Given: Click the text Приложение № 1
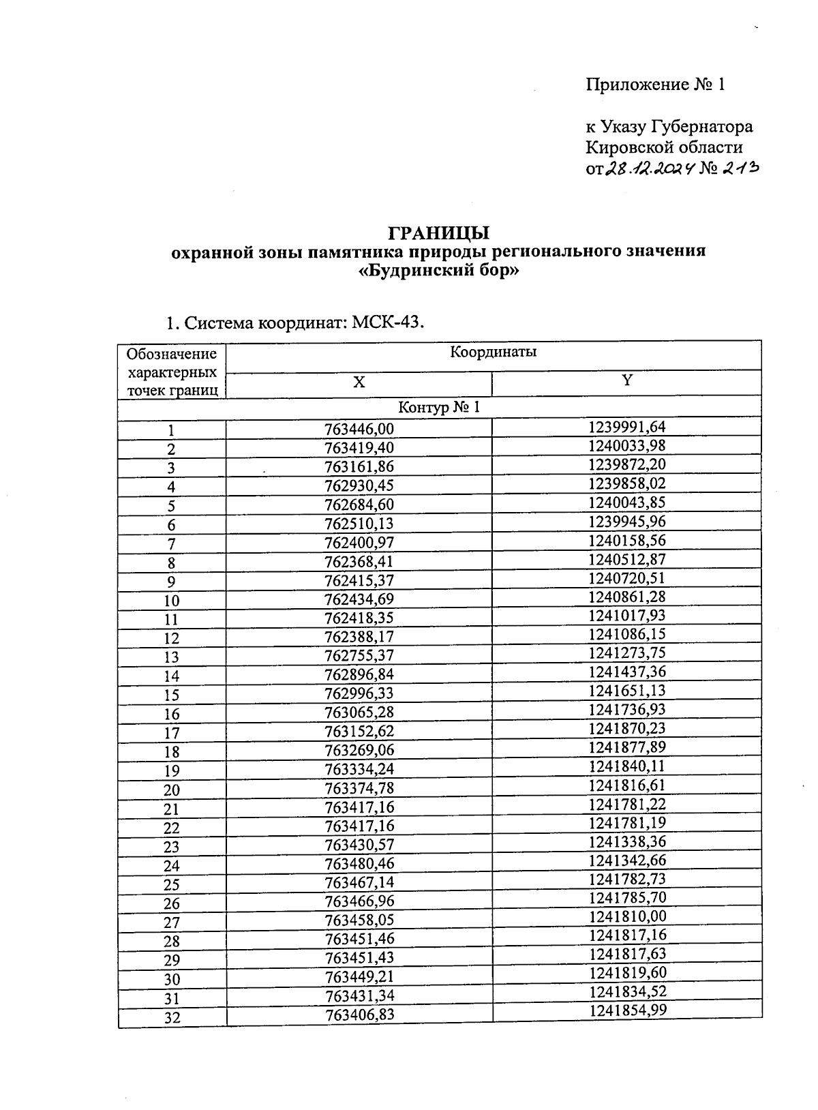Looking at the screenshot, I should tap(654, 85).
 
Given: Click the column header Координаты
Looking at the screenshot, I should tap(493, 352).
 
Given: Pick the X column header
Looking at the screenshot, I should tap(359, 382).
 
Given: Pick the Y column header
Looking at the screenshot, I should tap(626, 381).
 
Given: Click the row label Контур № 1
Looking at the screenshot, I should tap(439, 408).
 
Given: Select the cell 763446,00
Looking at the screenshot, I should tap(359, 429).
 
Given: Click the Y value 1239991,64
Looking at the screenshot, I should tap(626, 427).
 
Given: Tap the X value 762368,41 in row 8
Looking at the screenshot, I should tap(359, 562).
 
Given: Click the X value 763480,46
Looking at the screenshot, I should tap(359, 864).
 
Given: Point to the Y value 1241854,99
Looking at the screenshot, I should tap(627, 1010).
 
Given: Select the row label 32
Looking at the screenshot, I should tap(172, 1018).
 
